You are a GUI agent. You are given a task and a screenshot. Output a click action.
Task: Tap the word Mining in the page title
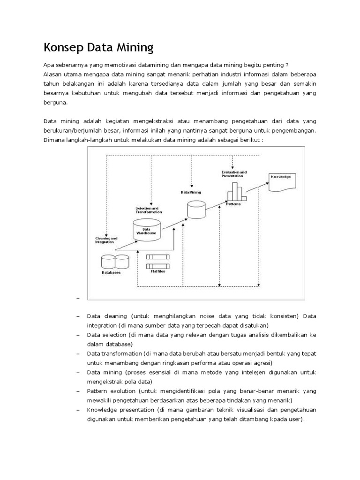[134, 47]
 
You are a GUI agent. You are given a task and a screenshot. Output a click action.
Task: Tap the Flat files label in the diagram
[157, 271]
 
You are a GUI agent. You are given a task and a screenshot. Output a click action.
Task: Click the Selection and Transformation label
[147, 210]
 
